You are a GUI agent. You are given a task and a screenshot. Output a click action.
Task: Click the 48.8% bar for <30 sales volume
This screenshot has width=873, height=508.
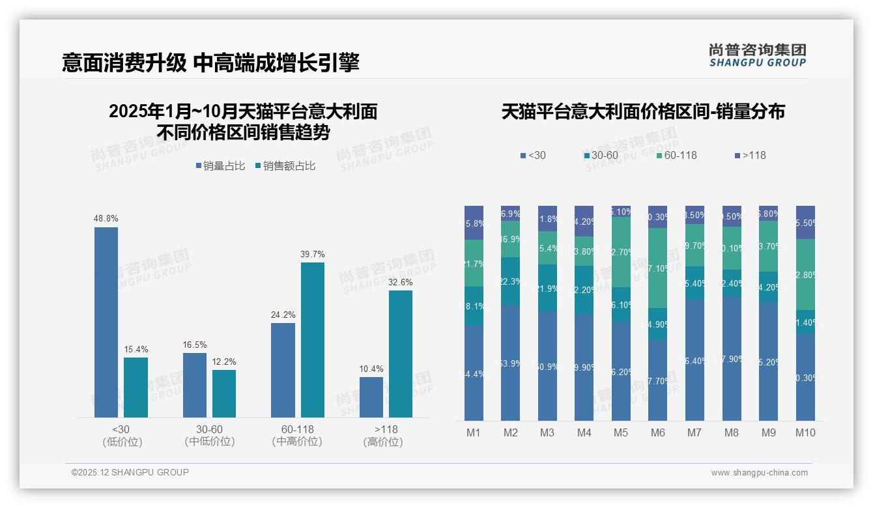[106, 322]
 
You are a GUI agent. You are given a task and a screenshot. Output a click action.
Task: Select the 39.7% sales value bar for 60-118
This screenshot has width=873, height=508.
[312, 339]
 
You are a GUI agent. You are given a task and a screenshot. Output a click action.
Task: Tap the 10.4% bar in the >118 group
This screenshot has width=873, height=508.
[371, 397]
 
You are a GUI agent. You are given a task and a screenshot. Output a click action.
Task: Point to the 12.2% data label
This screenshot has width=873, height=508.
[224, 361]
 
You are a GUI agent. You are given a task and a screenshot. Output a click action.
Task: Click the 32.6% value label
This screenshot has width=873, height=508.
[400, 282]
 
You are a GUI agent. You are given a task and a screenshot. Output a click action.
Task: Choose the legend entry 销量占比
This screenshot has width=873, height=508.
[220, 166]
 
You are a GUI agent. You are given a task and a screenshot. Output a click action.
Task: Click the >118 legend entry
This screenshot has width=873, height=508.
[749, 155]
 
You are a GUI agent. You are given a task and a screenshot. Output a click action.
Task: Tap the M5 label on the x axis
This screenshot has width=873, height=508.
[621, 432]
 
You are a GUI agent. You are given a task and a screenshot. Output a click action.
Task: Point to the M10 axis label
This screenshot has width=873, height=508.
[805, 432]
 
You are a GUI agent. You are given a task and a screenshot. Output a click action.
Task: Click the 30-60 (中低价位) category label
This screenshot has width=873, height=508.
[210, 435]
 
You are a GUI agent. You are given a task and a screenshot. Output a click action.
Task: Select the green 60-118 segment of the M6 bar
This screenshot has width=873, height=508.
[658, 268]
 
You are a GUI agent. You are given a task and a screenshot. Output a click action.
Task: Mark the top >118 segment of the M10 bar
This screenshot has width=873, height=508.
[805, 222]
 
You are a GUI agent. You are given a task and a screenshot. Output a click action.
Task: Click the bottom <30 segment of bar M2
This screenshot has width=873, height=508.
[511, 362]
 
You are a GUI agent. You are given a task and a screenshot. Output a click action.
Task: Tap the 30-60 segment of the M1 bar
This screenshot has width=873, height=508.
[474, 306]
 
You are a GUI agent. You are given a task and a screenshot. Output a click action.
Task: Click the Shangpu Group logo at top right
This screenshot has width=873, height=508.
[757, 55]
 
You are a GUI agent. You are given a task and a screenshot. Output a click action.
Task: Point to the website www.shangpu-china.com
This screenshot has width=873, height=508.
[759, 473]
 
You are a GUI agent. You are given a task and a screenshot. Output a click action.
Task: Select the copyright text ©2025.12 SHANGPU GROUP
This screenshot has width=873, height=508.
[130, 472]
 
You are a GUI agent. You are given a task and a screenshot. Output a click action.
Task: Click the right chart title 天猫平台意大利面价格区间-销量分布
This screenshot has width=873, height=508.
[643, 111]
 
